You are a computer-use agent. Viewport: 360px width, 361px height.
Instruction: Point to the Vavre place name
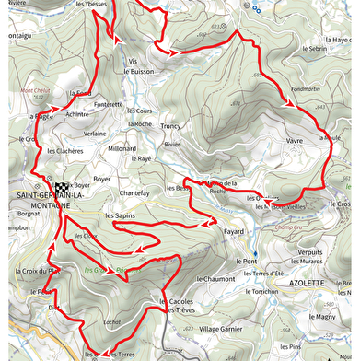(x=295, y=141)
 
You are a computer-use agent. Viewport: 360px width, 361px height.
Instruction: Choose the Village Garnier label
(x=220, y=329)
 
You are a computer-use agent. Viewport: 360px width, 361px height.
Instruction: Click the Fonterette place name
(x=108, y=105)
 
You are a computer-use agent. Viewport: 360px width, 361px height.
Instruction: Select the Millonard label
(x=122, y=148)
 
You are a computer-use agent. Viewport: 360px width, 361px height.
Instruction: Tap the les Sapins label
(x=120, y=215)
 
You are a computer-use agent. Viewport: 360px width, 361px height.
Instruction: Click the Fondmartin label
(x=304, y=89)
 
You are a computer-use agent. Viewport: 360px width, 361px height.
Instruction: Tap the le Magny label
(x=323, y=317)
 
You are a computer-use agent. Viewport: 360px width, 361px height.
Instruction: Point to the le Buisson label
(x=136, y=70)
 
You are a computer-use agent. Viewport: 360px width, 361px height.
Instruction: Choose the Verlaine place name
(x=95, y=133)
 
